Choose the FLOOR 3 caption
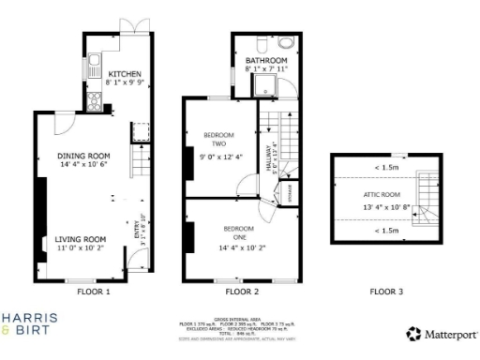tap(385, 292)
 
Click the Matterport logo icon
tap(412, 333)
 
